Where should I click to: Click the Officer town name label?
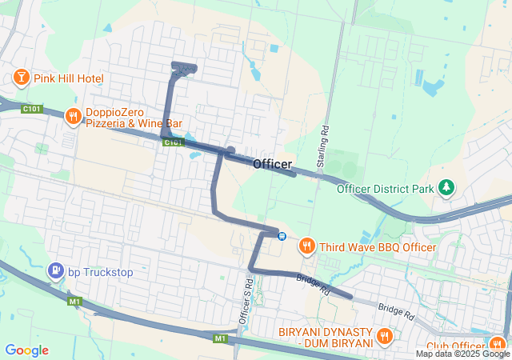click(273, 164)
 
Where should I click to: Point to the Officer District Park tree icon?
click(446, 189)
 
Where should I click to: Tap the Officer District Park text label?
click(384, 190)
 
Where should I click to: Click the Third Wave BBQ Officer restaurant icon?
click(306, 246)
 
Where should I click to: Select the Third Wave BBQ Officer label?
click(378, 247)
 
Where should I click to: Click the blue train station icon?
click(282, 235)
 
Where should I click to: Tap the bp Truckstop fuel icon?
click(55, 272)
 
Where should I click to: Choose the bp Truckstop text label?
click(100, 272)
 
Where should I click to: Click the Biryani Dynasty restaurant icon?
click(384, 336)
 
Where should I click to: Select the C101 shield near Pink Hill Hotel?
click(33, 108)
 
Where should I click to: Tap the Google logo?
click(26, 350)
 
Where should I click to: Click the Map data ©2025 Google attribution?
click(462, 354)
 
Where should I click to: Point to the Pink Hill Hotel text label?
click(69, 78)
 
